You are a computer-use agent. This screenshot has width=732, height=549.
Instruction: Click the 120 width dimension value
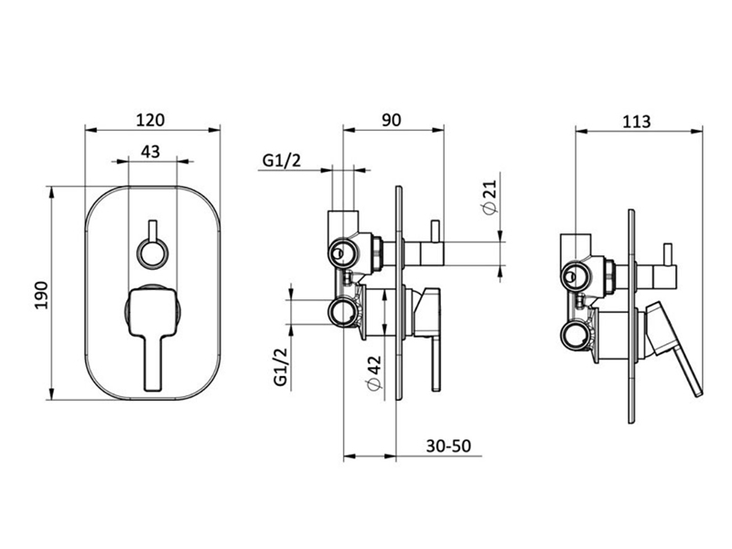pos(150,120)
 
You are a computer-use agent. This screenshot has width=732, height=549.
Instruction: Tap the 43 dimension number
pos(150,152)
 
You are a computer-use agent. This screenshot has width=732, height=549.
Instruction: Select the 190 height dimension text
pos(41,295)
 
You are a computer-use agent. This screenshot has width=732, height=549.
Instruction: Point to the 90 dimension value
pos(392,120)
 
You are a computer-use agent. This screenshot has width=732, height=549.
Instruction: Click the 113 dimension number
pos(636,122)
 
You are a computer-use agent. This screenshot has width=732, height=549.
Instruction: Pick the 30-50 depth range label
pos(448,446)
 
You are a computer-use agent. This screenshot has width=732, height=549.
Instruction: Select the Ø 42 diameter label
pos(374,373)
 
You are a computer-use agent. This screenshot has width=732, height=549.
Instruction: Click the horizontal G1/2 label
pos(282,161)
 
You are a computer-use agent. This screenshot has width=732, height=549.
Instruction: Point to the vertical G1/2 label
pos(281,367)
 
